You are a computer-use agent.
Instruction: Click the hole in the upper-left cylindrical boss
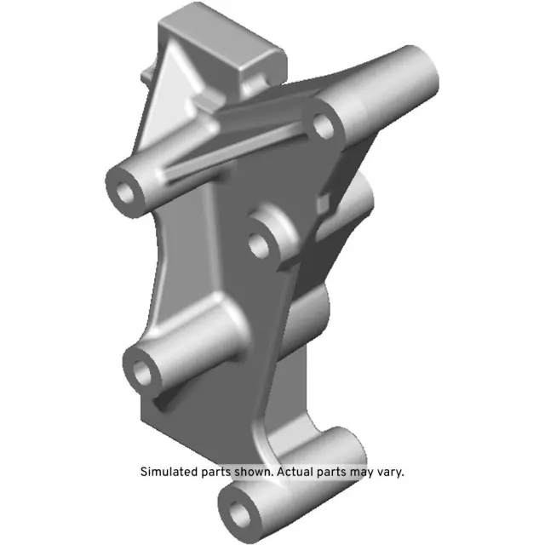[x=129, y=190]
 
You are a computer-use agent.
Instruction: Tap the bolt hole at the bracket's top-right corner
[x=323, y=127]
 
